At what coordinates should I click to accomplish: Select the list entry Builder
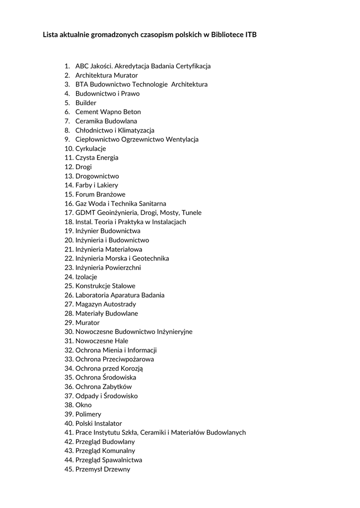(86, 103)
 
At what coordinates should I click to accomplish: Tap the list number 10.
(69, 148)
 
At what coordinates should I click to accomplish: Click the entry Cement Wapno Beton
(108, 112)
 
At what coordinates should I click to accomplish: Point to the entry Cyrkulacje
(90, 148)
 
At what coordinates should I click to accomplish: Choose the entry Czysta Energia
(97, 158)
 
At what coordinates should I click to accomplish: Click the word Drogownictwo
(97, 176)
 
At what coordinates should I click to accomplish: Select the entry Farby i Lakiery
(97, 185)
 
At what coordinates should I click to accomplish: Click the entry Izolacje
(86, 277)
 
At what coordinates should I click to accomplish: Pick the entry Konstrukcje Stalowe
(105, 286)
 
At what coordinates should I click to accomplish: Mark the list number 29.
(69, 322)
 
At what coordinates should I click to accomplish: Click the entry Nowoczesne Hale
(102, 341)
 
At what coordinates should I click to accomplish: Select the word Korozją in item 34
(131, 368)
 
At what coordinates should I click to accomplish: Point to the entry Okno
(83, 405)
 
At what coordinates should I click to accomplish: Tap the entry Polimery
(88, 414)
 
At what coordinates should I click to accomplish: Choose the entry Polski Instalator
(98, 423)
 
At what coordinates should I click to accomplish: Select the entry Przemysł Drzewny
(103, 469)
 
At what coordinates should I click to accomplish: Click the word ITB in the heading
(251, 35)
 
